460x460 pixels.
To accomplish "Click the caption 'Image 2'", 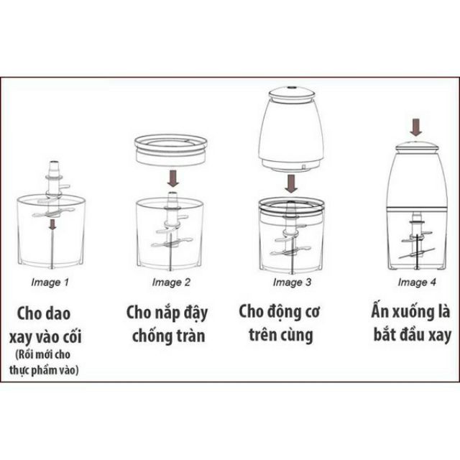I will point(171,282).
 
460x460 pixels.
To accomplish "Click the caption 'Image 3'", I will point(293,282).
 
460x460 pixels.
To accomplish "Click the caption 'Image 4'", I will point(417,282).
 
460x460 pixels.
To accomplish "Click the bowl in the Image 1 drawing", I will point(52,230).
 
